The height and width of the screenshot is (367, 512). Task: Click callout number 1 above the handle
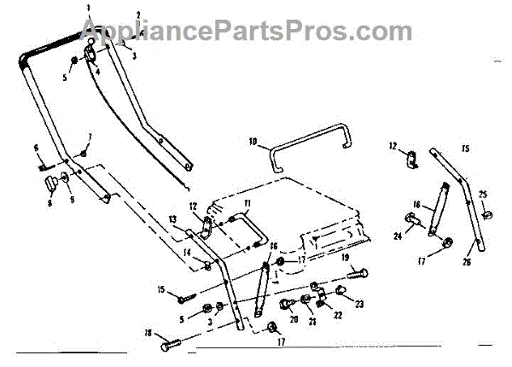87,8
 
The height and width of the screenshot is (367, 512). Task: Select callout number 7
90,137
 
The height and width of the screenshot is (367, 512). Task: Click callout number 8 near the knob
49,202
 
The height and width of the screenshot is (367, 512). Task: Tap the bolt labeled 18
172,347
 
